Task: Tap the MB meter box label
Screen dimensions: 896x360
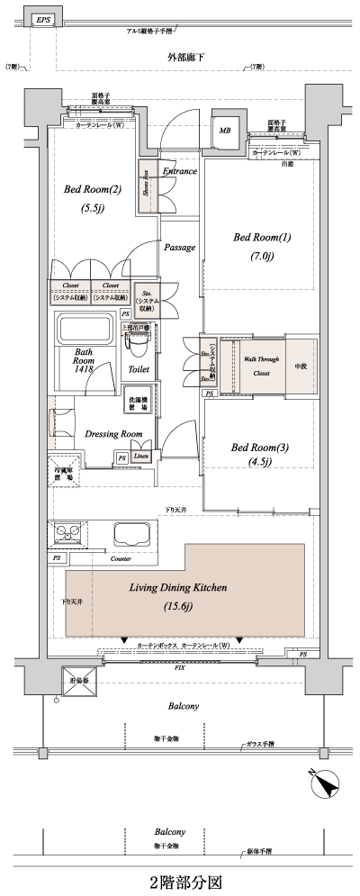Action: pos(224,130)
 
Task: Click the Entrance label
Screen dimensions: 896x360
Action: pos(181,169)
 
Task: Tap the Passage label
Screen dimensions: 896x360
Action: pos(180,247)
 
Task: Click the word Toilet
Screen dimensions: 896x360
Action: pos(139,369)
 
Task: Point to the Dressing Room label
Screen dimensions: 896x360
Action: pos(113,434)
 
